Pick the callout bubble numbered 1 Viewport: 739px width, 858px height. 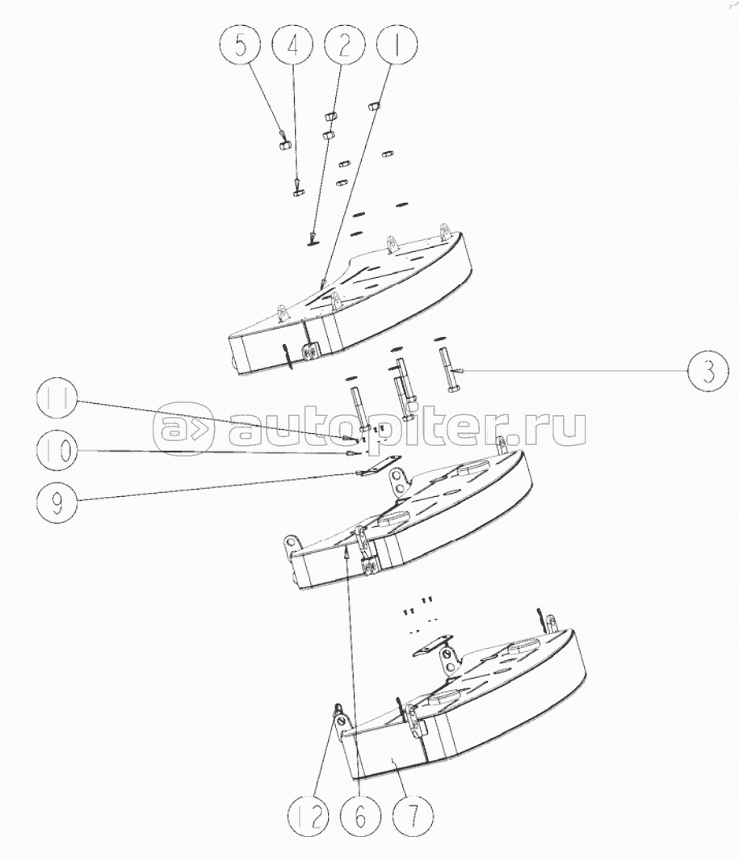tap(395, 44)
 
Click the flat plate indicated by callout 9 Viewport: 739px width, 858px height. tap(372, 469)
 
